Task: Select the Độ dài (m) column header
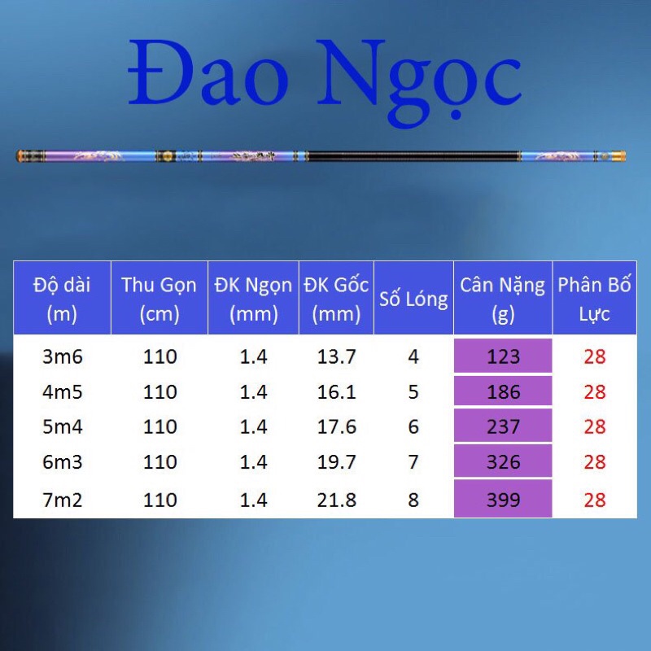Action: (x=62, y=298)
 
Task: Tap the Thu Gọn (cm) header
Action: (x=159, y=298)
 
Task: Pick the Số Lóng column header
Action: (x=413, y=299)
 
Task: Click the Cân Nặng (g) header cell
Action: (x=503, y=298)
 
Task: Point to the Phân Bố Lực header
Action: (x=595, y=298)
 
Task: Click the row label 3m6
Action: (x=62, y=356)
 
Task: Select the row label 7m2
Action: (x=62, y=499)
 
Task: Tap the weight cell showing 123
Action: (x=503, y=356)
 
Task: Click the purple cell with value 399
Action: (x=503, y=499)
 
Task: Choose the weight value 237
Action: (x=503, y=427)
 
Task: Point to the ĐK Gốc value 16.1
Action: (x=336, y=392)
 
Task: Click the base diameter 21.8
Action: (x=336, y=499)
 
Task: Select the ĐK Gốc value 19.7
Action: (x=336, y=462)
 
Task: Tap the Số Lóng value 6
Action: (x=413, y=427)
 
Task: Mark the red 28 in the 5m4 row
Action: (x=595, y=427)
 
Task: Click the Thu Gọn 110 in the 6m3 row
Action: (x=159, y=462)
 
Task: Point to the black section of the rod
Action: (x=415, y=155)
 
